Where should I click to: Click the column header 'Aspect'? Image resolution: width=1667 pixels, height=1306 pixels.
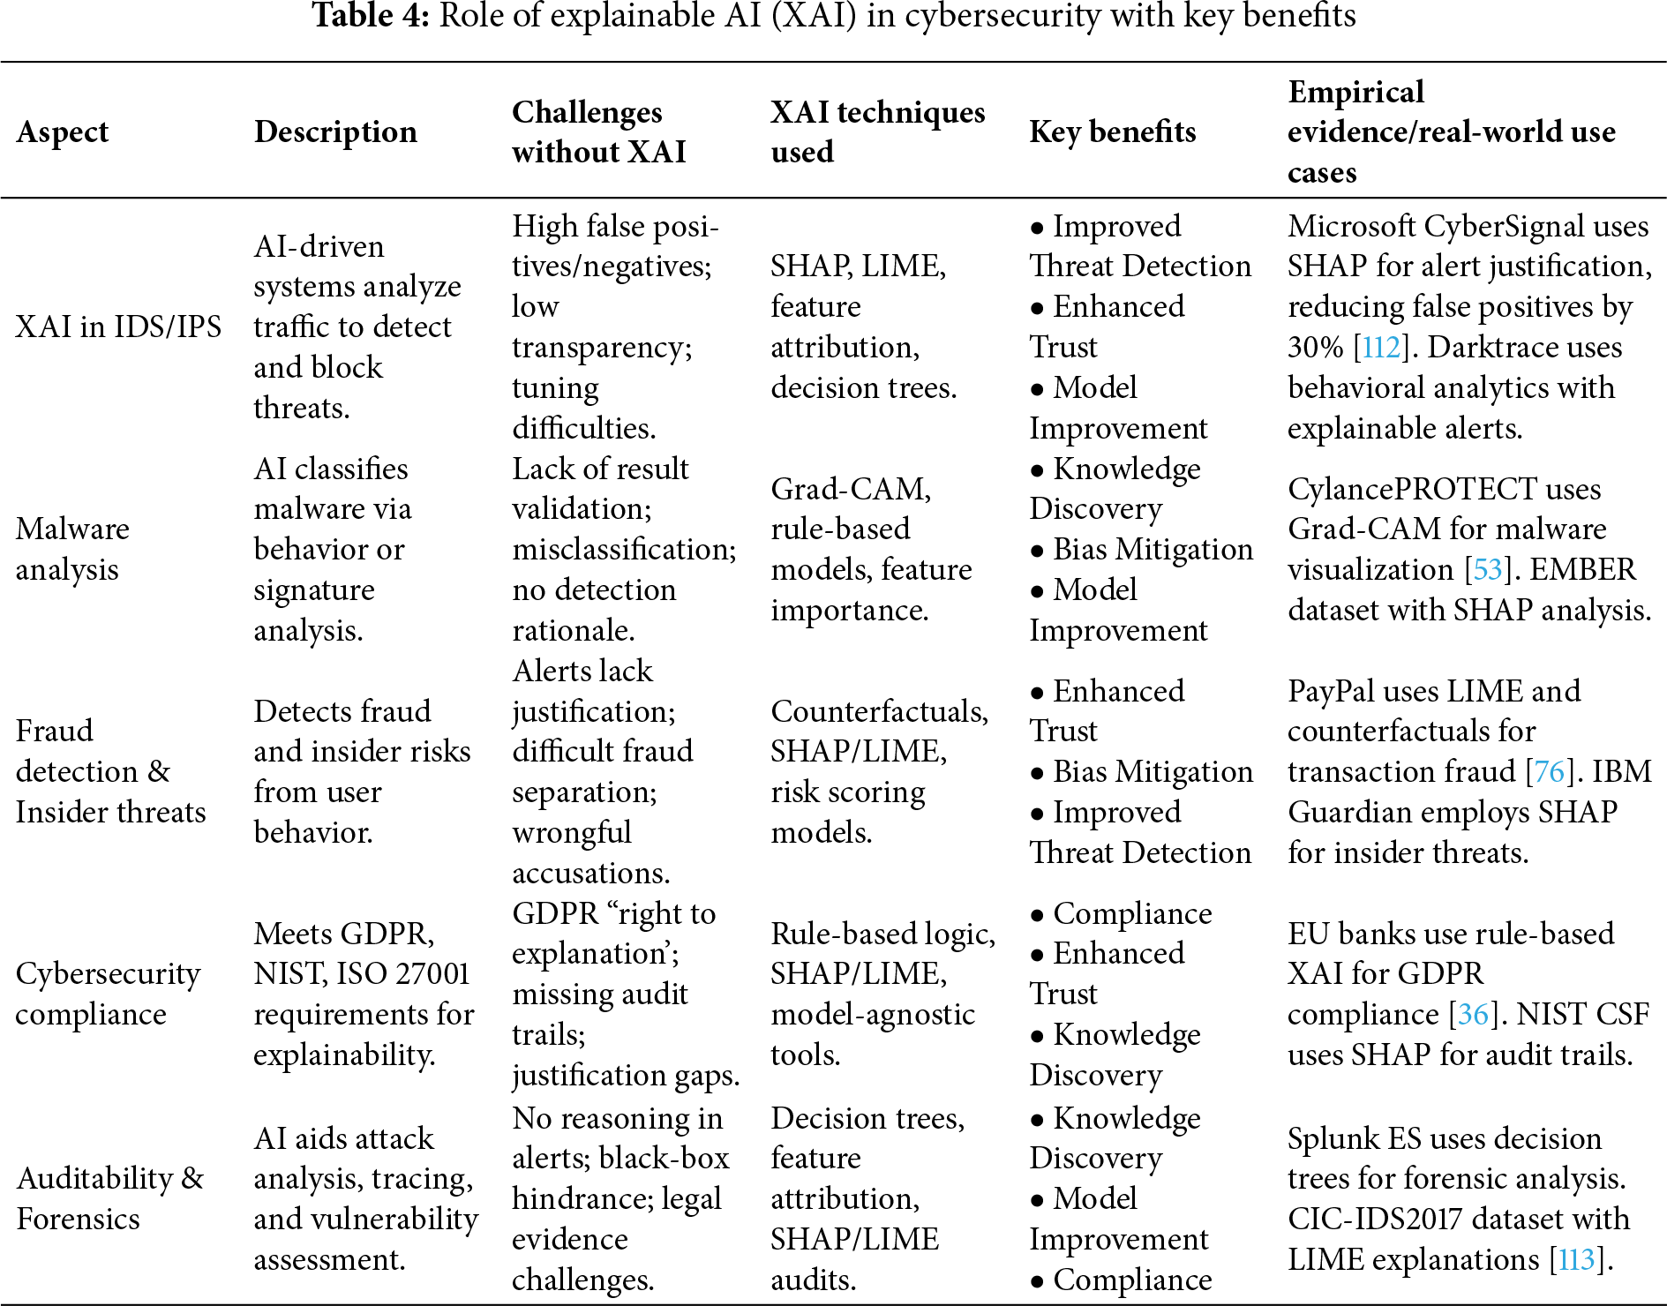coord(62,131)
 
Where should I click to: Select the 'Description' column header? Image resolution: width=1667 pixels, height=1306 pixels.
coord(335,131)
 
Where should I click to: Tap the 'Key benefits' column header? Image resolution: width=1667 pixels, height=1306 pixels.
coord(1112,131)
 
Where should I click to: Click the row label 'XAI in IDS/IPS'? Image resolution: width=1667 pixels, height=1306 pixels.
coord(118,326)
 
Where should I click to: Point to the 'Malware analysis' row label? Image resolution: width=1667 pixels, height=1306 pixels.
coord(72,549)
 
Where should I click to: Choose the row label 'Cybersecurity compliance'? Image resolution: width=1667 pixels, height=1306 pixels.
coord(108,994)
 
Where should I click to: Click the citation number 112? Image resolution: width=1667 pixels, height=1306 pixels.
coord(1381,347)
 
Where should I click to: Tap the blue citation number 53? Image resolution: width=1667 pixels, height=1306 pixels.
coord(1488,569)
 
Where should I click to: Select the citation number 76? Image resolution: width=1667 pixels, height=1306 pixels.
coord(1549,771)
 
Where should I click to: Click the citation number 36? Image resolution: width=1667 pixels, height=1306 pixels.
coord(1473,1014)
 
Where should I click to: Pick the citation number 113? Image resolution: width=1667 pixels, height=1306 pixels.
coord(1576,1259)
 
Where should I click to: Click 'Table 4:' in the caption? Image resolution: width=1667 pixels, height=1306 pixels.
coord(371,15)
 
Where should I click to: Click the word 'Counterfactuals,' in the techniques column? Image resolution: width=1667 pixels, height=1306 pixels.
coord(879,711)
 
